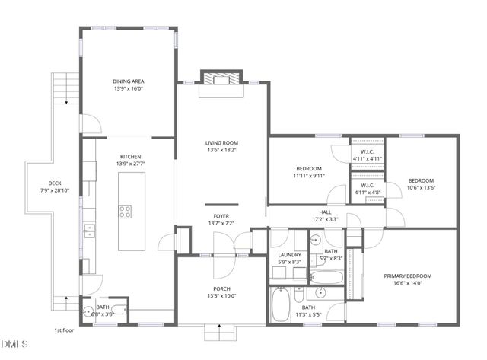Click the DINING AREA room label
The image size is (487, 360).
pos(129,81)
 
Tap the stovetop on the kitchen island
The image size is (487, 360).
pos(125,212)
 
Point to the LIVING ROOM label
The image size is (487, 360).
pos(221,142)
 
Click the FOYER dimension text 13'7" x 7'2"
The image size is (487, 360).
pos(221,224)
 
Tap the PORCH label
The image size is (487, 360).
pos(221,288)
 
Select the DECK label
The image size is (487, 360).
pos(55,183)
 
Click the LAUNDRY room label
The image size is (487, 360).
pos(289,255)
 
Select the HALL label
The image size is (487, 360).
pos(325,212)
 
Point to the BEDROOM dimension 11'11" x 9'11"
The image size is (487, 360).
pos(308,176)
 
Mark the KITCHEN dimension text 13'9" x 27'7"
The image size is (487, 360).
pos(129,164)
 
